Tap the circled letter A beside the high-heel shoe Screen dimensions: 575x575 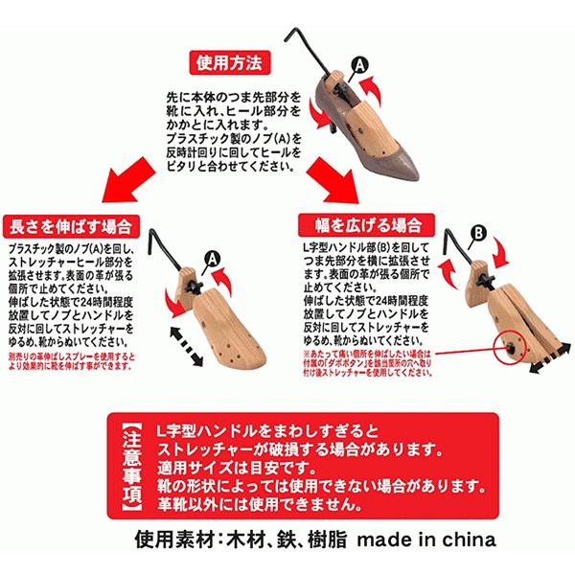[359, 64]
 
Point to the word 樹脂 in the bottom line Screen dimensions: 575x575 [323, 540]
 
